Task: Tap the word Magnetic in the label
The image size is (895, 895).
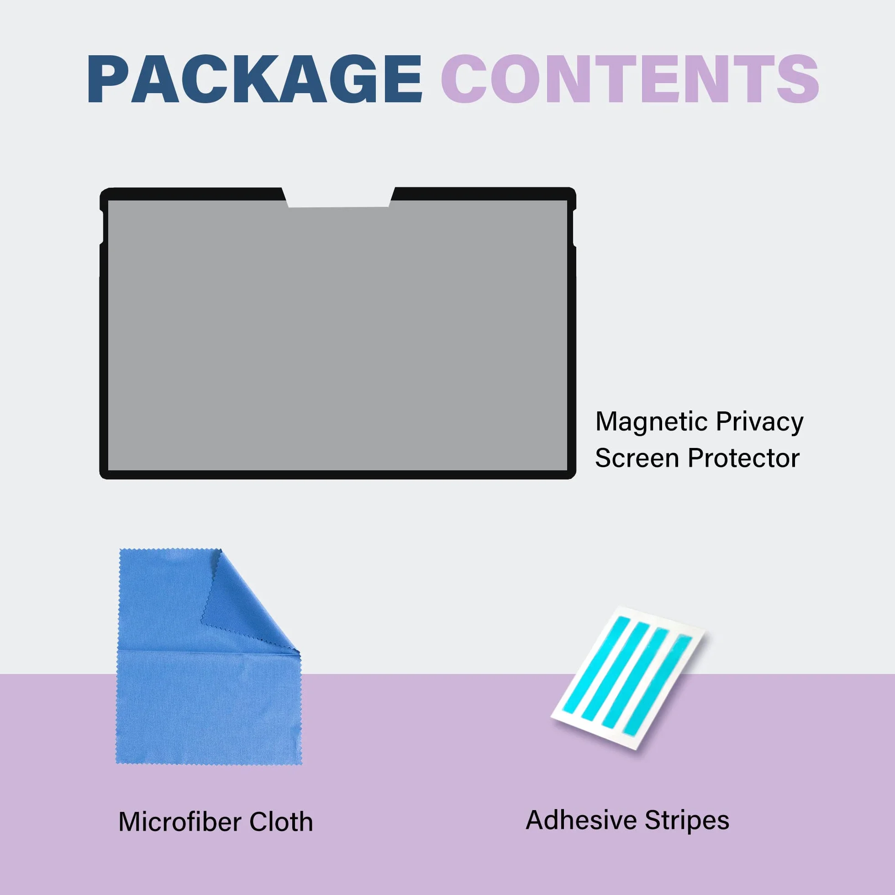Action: point(652,422)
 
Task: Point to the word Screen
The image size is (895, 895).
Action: point(637,458)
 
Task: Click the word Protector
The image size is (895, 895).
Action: point(744,458)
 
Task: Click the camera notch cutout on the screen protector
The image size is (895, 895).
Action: point(339,198)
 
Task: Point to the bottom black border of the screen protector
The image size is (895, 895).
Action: point(338,475)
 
